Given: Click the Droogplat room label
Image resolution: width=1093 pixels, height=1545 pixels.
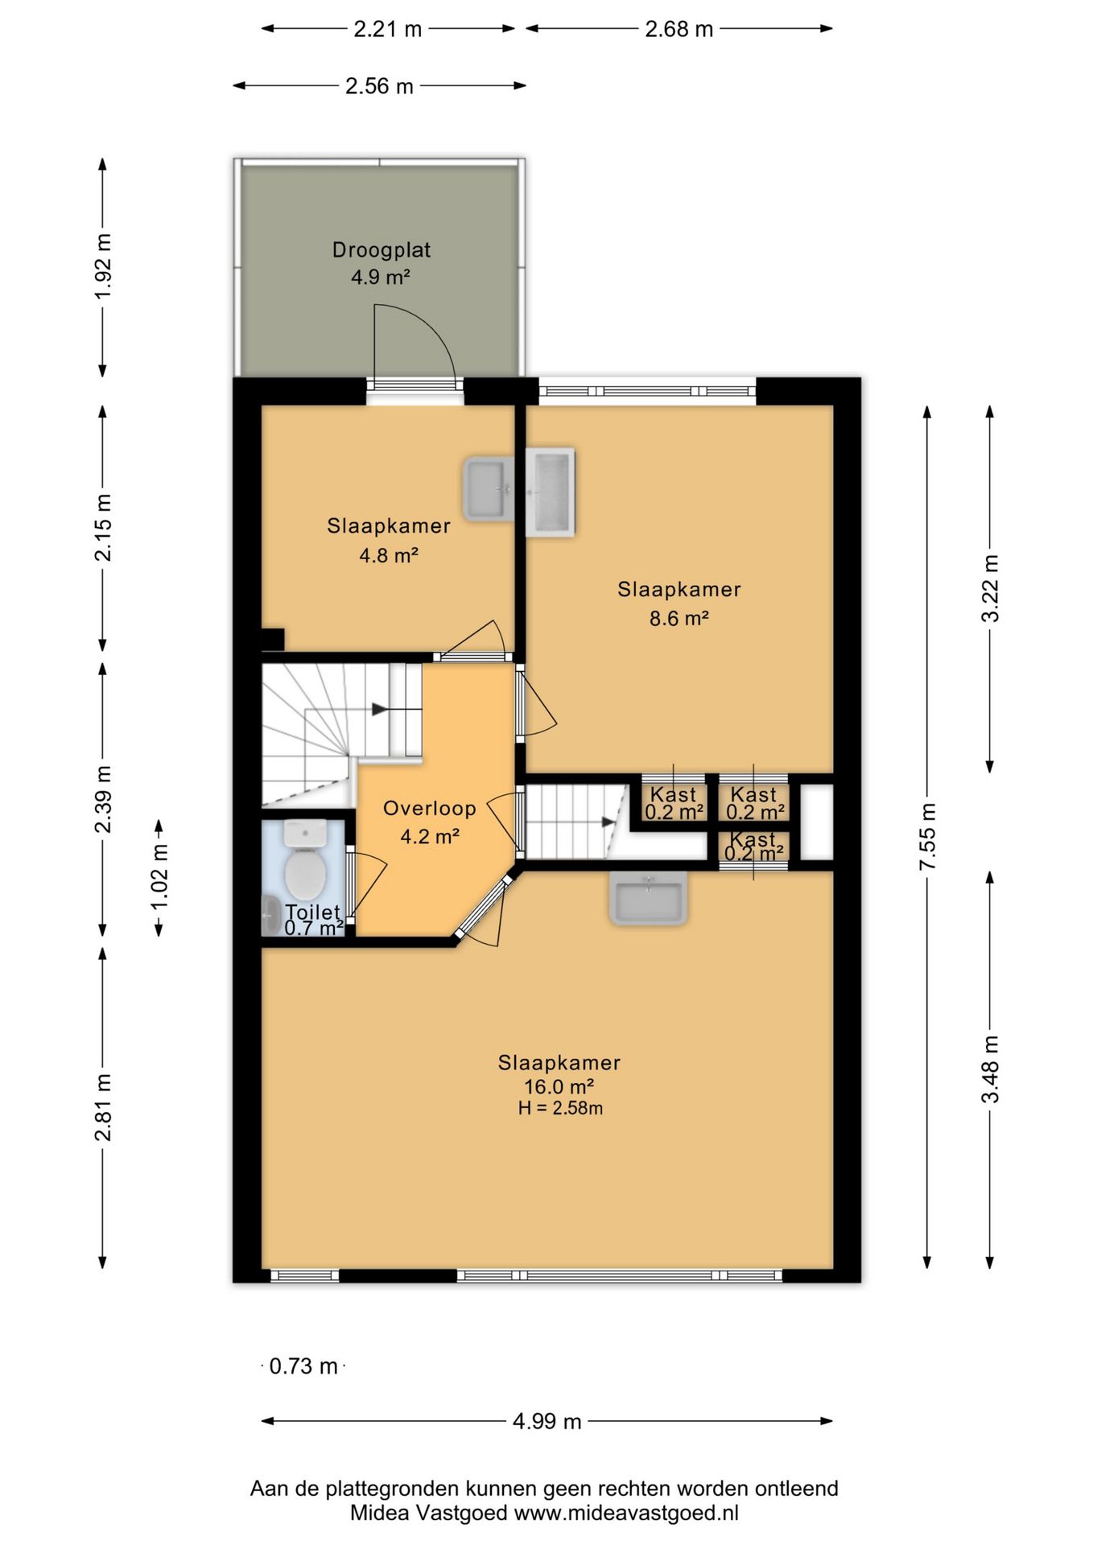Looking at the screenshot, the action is [382, 249].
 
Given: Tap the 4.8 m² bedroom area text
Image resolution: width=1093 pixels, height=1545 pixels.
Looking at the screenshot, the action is [389, 555].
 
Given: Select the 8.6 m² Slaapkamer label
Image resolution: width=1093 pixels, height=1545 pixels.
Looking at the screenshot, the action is [679, 589].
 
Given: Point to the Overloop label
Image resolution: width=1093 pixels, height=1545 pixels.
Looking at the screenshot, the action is [430, 808].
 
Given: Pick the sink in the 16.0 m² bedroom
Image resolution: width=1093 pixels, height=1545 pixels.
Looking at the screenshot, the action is [649, 897].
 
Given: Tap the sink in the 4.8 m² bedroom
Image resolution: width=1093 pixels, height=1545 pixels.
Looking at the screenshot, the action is [488, 488].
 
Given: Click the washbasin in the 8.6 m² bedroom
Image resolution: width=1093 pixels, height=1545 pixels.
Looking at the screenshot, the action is [551, 492].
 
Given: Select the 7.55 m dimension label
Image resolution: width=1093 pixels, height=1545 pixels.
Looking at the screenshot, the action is [927, 835].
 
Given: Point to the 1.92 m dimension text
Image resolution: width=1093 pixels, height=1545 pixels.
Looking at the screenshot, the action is [103, 266].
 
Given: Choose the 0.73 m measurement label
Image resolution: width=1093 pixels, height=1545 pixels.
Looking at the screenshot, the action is [303, 1366].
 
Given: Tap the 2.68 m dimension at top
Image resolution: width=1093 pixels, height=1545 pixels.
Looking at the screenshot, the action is [679, 29].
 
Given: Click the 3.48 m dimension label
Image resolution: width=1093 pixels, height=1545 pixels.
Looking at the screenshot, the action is [990, 1069].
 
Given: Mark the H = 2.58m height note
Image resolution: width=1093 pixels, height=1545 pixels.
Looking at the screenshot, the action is [560, 1108].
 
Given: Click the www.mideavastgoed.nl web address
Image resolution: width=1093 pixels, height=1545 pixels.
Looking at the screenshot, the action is [626, 1513].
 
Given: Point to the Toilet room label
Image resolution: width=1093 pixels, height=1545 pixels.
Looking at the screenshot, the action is [313, 912].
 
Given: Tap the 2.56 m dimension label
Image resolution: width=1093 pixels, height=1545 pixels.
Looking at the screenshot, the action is [379, 86].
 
